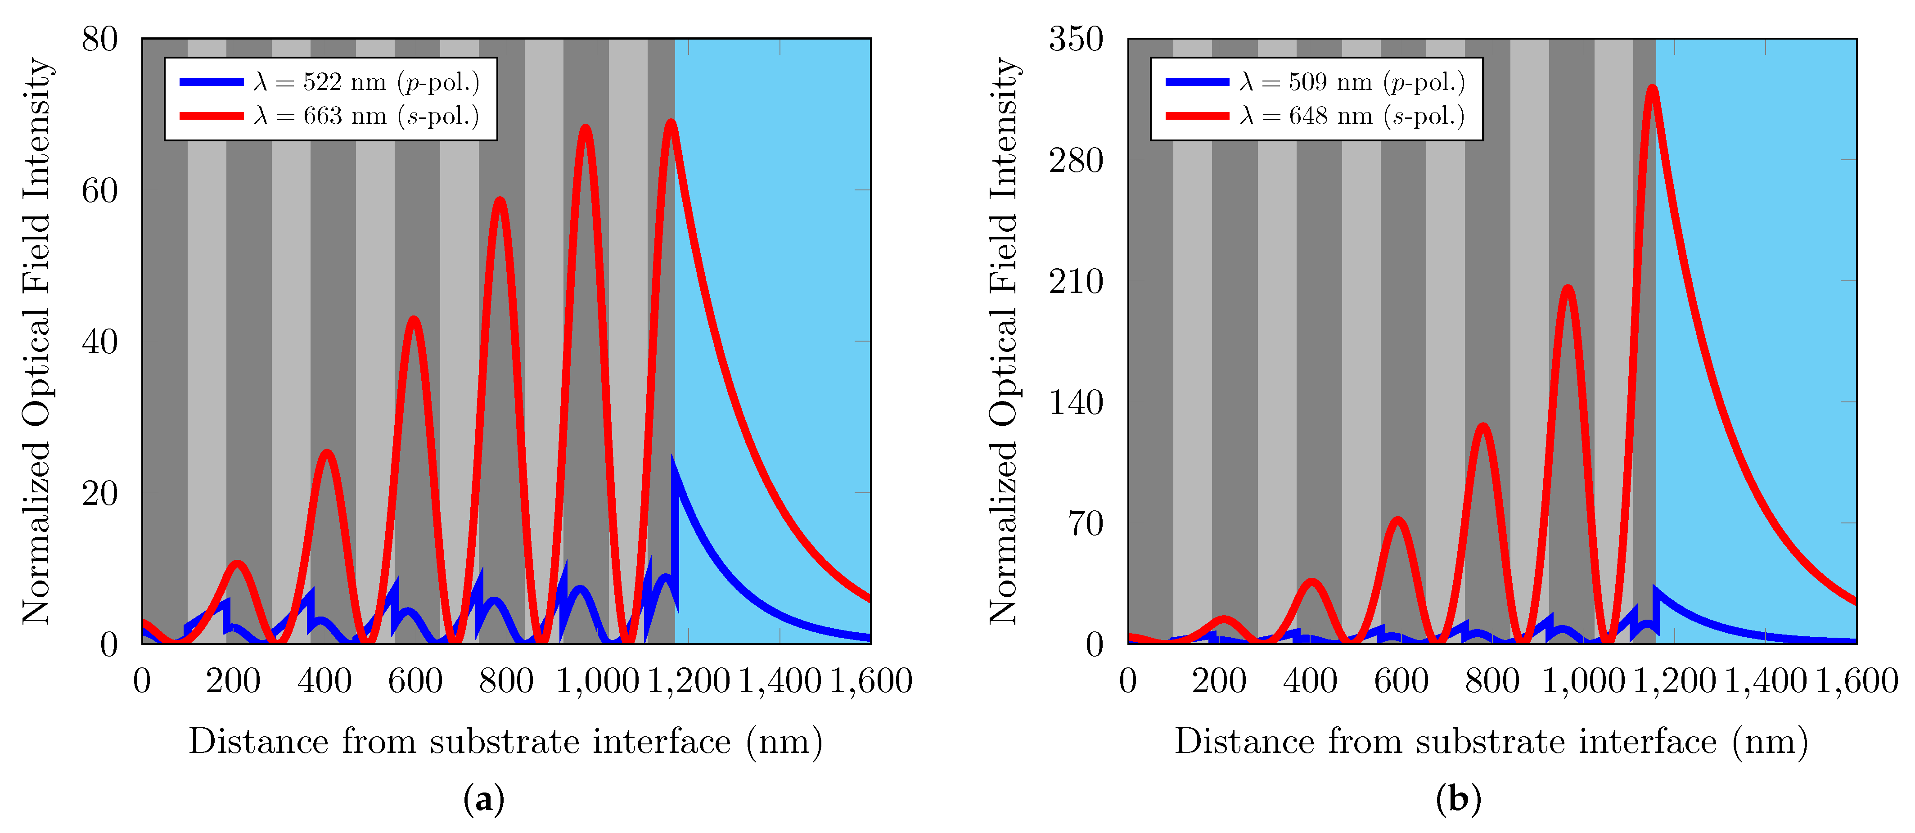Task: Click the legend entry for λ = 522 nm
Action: (330, 82)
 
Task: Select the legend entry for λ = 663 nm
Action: (330, 116)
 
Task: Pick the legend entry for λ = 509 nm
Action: (1316, 82)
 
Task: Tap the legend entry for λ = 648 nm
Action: (1316, 116)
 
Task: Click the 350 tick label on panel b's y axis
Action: (1076, 40)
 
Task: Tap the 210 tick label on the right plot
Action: (1076, 282)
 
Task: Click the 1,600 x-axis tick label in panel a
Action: (870, 681)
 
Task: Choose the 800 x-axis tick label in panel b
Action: (1492, 681)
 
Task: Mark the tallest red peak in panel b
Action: (1652, 88)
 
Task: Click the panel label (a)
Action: (484, 800)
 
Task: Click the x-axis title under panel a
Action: (505, 742)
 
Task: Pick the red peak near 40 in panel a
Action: (414, 320)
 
